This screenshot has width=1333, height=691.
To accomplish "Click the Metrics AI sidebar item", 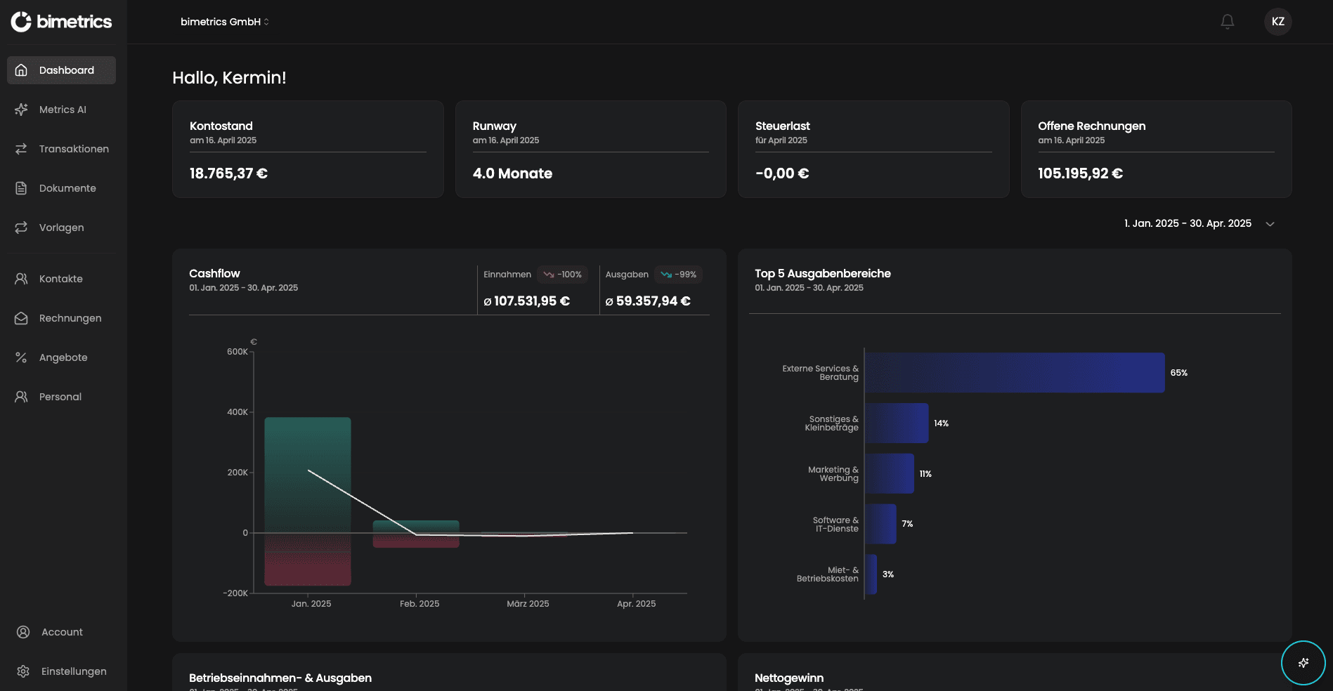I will pos(62,110).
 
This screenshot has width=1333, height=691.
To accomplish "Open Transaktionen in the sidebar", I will pos(73,149).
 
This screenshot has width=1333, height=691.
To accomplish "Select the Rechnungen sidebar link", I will pos(70,318).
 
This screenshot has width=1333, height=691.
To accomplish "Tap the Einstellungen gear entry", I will pos(73,671).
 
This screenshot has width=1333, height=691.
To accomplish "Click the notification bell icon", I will pos(1227,22).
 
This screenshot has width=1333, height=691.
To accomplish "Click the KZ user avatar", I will pos(1277,22).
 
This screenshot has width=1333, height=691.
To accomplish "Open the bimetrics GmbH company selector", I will pos(224,22).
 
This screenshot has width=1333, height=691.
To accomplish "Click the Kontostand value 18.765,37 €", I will pos(228,173).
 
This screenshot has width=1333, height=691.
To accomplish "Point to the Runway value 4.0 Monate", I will pos(512,173).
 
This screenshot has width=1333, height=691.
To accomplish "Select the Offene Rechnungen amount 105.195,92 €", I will pos(1080,173).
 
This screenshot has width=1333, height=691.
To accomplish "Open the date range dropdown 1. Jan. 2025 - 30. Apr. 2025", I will pos(1198,223).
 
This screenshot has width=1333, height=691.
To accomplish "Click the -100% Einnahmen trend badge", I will pos(562,275).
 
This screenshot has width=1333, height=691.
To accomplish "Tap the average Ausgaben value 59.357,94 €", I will pos(653,301).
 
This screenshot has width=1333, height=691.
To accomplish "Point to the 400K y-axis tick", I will pos(237,412).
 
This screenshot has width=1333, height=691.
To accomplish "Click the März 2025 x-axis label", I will pos(528,604).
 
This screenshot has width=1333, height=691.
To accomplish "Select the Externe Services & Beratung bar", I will pos(1014,373).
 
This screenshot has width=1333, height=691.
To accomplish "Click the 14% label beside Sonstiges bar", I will pos(941,423).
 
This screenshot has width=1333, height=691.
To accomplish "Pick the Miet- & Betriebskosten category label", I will pos(827,574).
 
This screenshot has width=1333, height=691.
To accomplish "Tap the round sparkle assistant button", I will pos(1303,662).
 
